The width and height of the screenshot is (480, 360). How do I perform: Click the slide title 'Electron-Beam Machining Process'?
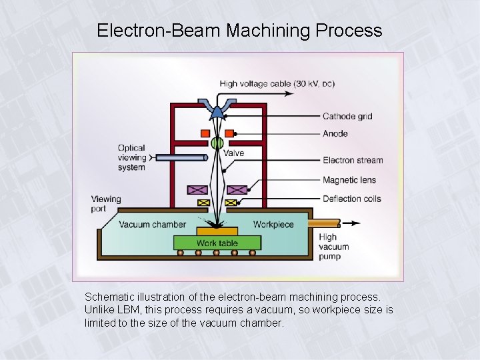[x=239, y=31]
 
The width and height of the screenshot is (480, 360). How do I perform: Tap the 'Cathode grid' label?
[x=347, y=116]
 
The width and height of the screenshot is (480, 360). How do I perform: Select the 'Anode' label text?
[x=335, y=133]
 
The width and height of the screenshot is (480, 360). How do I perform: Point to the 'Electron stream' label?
[x=353, y=160]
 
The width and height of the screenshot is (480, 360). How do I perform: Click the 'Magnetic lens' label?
[x=349, y=180]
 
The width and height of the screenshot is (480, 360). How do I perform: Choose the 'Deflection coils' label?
[x=352, y=199]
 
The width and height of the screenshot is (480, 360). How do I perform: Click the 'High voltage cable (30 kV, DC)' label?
[x=277, y=84]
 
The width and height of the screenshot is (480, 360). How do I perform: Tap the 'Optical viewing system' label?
[x=131, y=157]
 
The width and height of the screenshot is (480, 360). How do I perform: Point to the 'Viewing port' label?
[x=106, y=203]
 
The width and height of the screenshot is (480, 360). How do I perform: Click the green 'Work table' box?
[x=217, y=243]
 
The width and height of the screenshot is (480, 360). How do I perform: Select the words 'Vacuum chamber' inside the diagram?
[x=153, y=224]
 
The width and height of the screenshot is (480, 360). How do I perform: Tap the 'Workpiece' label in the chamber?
[x=273, y=224]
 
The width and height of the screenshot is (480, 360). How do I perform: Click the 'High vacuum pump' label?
[x=333, y=246]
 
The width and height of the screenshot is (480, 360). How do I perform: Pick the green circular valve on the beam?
[x=217, y=143]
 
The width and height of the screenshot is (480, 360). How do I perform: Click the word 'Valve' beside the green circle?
[x=233, y=153]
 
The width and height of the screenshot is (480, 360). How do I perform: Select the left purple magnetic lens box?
[x=197, y=190]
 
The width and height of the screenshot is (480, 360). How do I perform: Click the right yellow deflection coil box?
[x=231, y=203]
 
